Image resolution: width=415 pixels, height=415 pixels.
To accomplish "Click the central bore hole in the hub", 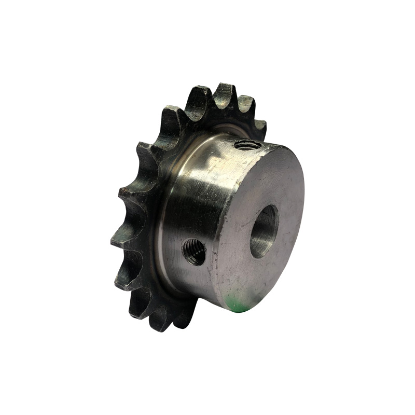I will click(264, 231).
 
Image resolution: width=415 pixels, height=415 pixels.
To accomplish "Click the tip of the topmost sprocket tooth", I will click(224, 89).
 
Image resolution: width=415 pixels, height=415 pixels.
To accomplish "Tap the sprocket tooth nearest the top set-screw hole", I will click(258, 126).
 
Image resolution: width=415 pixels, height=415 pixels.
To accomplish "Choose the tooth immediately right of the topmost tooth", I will click(245, 101).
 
